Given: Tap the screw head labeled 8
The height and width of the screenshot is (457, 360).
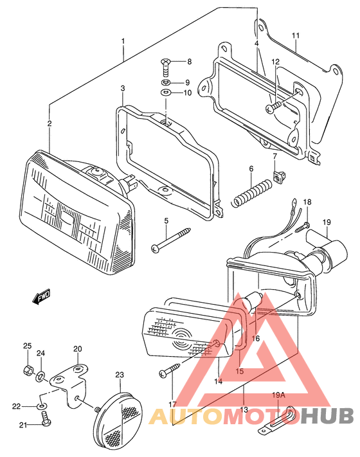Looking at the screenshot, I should pos(165,63).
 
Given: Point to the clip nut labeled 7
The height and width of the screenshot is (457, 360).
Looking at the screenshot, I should pos(279,176).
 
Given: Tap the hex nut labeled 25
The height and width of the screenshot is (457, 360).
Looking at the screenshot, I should pos(28,371).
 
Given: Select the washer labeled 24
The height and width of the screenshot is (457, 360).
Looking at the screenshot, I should pos(40,375).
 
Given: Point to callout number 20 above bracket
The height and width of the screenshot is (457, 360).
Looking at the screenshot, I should pos(77,349).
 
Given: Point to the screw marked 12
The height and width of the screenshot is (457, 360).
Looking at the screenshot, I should pos(274,107).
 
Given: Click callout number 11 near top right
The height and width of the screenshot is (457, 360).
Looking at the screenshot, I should pos(295,35).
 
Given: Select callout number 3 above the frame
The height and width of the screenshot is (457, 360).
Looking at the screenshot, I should pos(122,87).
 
